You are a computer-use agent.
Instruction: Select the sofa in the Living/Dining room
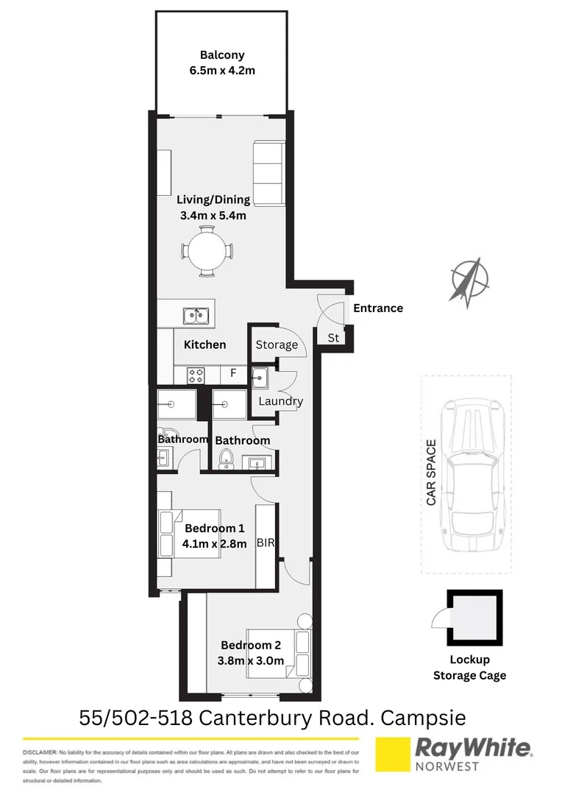tap(268, 173)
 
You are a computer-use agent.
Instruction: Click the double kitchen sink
tap(195, 316)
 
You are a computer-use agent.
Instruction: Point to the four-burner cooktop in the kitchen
tap(196, 375)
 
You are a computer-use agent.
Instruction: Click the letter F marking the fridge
tap(233, 373)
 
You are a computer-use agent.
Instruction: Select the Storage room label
tap(277, 344)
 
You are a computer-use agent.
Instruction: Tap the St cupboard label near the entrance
tap(333, 338)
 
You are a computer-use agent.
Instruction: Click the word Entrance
tap(378, 308)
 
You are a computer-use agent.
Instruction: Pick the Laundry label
tap(280, 401)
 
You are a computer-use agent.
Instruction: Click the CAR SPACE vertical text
tap(432, 473)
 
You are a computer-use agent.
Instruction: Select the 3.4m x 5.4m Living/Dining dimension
tap(213, 216)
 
